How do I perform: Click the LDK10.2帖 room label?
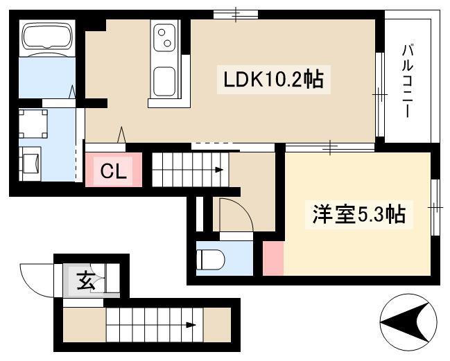point(273,80)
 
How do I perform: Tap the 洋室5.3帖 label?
point(358,214)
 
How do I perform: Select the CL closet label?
point(113,171)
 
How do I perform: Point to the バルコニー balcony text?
point(408,81)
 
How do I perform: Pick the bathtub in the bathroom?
point(47,37)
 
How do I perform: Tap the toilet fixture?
point(210,260)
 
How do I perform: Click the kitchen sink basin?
point(164,82)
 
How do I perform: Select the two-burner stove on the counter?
point(164,37)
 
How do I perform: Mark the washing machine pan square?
point(33,123)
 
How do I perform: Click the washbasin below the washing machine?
point(30,164)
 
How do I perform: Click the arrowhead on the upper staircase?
point(219,170)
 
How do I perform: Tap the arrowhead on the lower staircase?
point(191,325)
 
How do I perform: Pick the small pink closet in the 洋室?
point(273,258)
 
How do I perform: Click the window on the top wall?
point(236,15)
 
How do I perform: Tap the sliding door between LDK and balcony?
point(380,94)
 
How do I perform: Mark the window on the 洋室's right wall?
point(435,207)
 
